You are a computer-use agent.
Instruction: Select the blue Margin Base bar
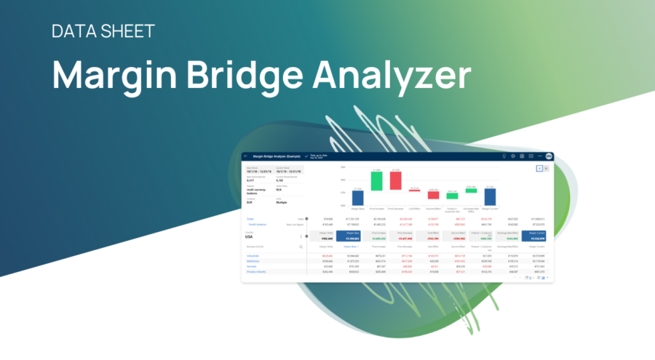point(357,197)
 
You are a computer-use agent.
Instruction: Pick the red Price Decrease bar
point(395,180)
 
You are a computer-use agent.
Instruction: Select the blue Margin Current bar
point(490,196)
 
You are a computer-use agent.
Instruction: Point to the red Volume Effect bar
point(433,195)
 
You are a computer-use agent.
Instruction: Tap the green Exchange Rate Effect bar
point(471,191)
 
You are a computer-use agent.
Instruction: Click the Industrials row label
point(254,256)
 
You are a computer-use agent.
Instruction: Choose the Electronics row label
point(254,261)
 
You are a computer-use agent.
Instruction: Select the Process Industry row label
point(256,271)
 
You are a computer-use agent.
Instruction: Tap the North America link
point(259,224)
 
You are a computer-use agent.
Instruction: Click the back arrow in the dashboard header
point(246,156)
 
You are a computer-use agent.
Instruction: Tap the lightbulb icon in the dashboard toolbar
point(504,156)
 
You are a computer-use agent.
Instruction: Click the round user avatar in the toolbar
point(548,156)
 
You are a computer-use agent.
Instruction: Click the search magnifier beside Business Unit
point(301,247)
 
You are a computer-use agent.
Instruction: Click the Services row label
point(252,266)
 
